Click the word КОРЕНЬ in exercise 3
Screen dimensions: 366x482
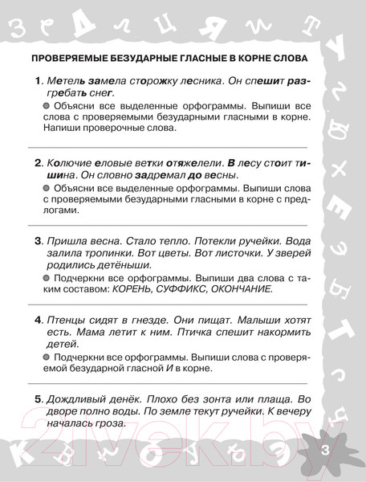pos(132,289)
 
